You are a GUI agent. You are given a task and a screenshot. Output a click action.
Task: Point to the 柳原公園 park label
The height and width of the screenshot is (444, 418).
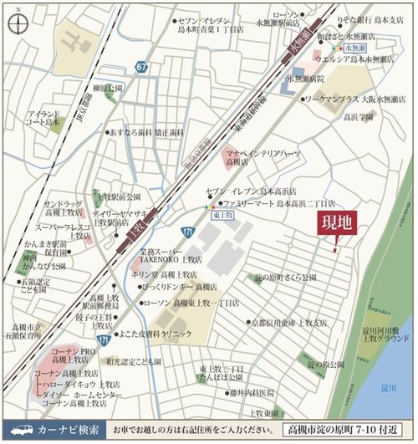[109, 88]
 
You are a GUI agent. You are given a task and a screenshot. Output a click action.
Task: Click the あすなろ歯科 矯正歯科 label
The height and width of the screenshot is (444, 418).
[150, 133]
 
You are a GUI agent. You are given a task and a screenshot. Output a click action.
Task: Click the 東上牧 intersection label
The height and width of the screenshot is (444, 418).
[218, 214]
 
